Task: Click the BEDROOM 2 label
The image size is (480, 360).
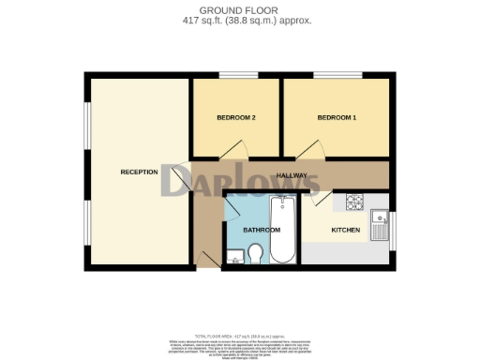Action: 235,117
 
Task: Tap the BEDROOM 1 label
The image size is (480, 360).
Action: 337,117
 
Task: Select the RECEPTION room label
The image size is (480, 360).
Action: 139,172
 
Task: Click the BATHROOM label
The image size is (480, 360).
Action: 262,230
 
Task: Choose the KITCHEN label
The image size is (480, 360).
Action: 346,230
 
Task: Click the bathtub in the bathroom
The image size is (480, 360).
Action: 282,230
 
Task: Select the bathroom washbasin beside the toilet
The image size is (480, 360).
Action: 234,253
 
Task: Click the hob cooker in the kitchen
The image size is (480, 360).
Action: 355,202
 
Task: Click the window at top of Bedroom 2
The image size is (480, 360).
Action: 232,74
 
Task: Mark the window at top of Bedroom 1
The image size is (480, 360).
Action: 330,74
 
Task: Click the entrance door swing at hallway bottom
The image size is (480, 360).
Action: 207,254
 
